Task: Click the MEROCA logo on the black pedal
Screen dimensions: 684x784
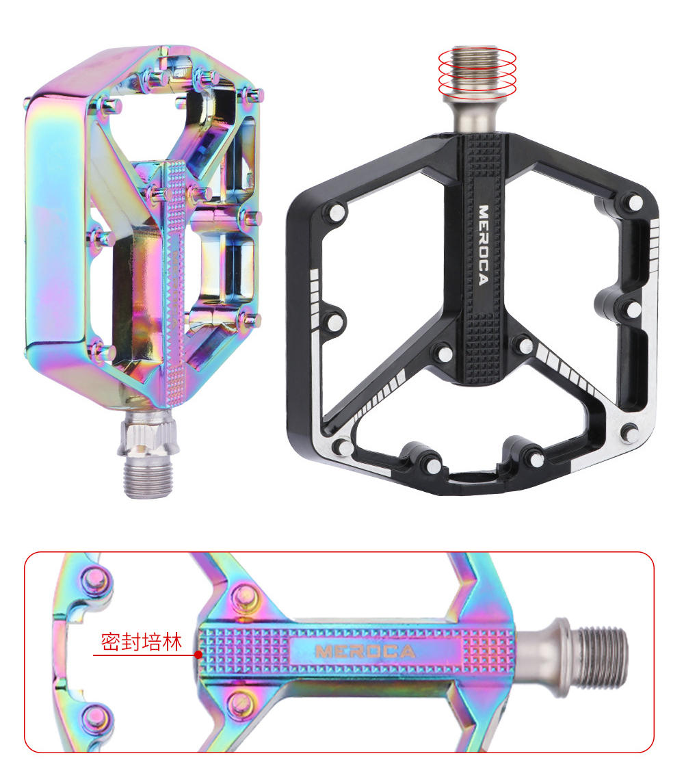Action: click(483, 245)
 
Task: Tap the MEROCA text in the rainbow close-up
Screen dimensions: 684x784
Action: click(365, 651)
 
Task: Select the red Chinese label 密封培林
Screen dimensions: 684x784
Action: click(141, 642)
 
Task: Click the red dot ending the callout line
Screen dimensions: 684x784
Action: click(198, 655)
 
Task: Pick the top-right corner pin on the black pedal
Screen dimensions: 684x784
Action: click(635, 203)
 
